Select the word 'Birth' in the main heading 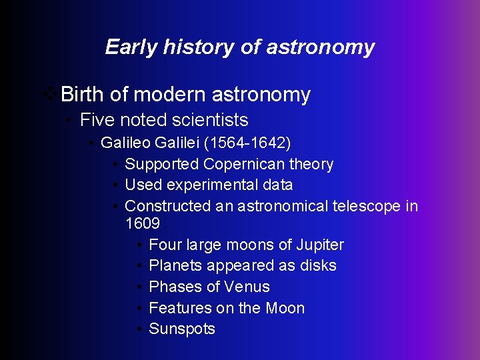(x=83, y=95)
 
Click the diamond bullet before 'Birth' (x=49, y=95)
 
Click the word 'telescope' (x=368, y=206)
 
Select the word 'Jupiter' (x=319, y=245)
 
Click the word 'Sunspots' (x=182, y=329)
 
